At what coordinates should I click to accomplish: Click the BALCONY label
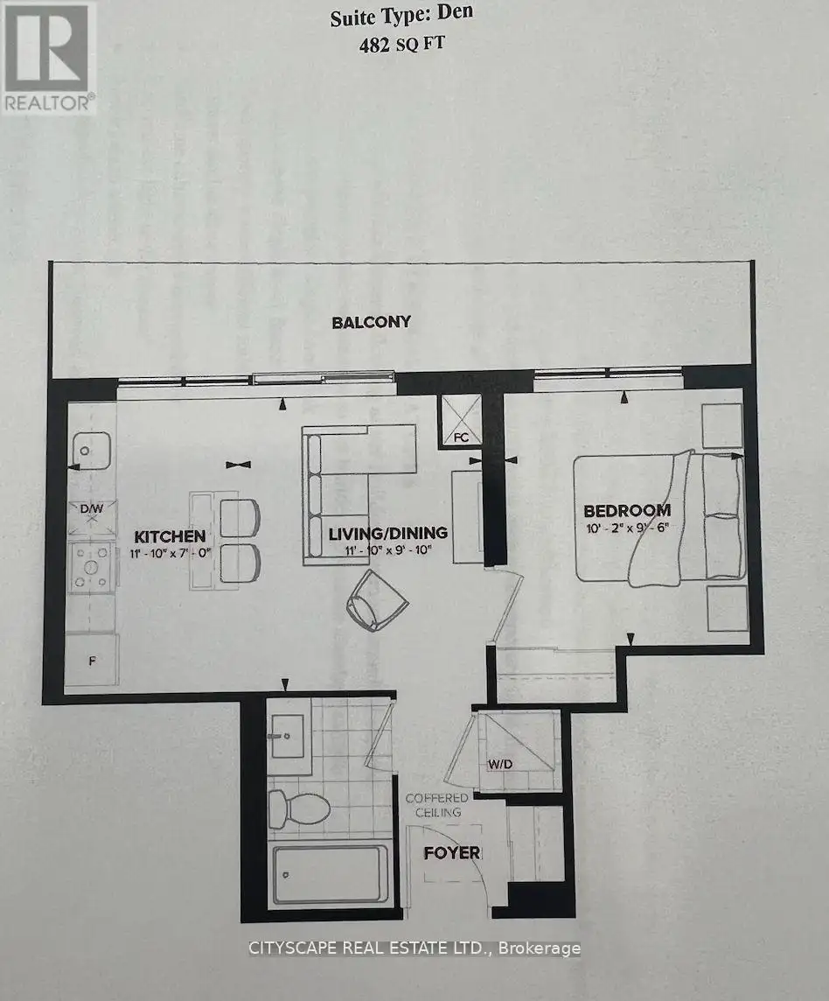[371, 322]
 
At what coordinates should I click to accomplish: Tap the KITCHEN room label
[170, 536]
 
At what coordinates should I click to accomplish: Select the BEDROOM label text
[627, 511]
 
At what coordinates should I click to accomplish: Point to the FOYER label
[452, 853]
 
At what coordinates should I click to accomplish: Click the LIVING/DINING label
[388, 533]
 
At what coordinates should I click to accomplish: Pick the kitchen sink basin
[91, 451]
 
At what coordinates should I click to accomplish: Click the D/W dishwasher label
[91, 509]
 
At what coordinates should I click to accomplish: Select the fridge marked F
[92, 660]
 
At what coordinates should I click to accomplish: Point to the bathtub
[330, 874]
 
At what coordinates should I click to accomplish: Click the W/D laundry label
[500, 764]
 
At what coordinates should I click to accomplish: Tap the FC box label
[461, 437]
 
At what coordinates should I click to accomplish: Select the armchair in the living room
[377, 601]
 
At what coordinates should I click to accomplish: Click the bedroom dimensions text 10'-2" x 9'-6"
[627, 528]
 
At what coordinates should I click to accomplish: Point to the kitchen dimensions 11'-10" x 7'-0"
[171, 553]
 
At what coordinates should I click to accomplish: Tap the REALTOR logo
[48, 58]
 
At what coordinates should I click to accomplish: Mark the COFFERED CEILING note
[437, 805]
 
